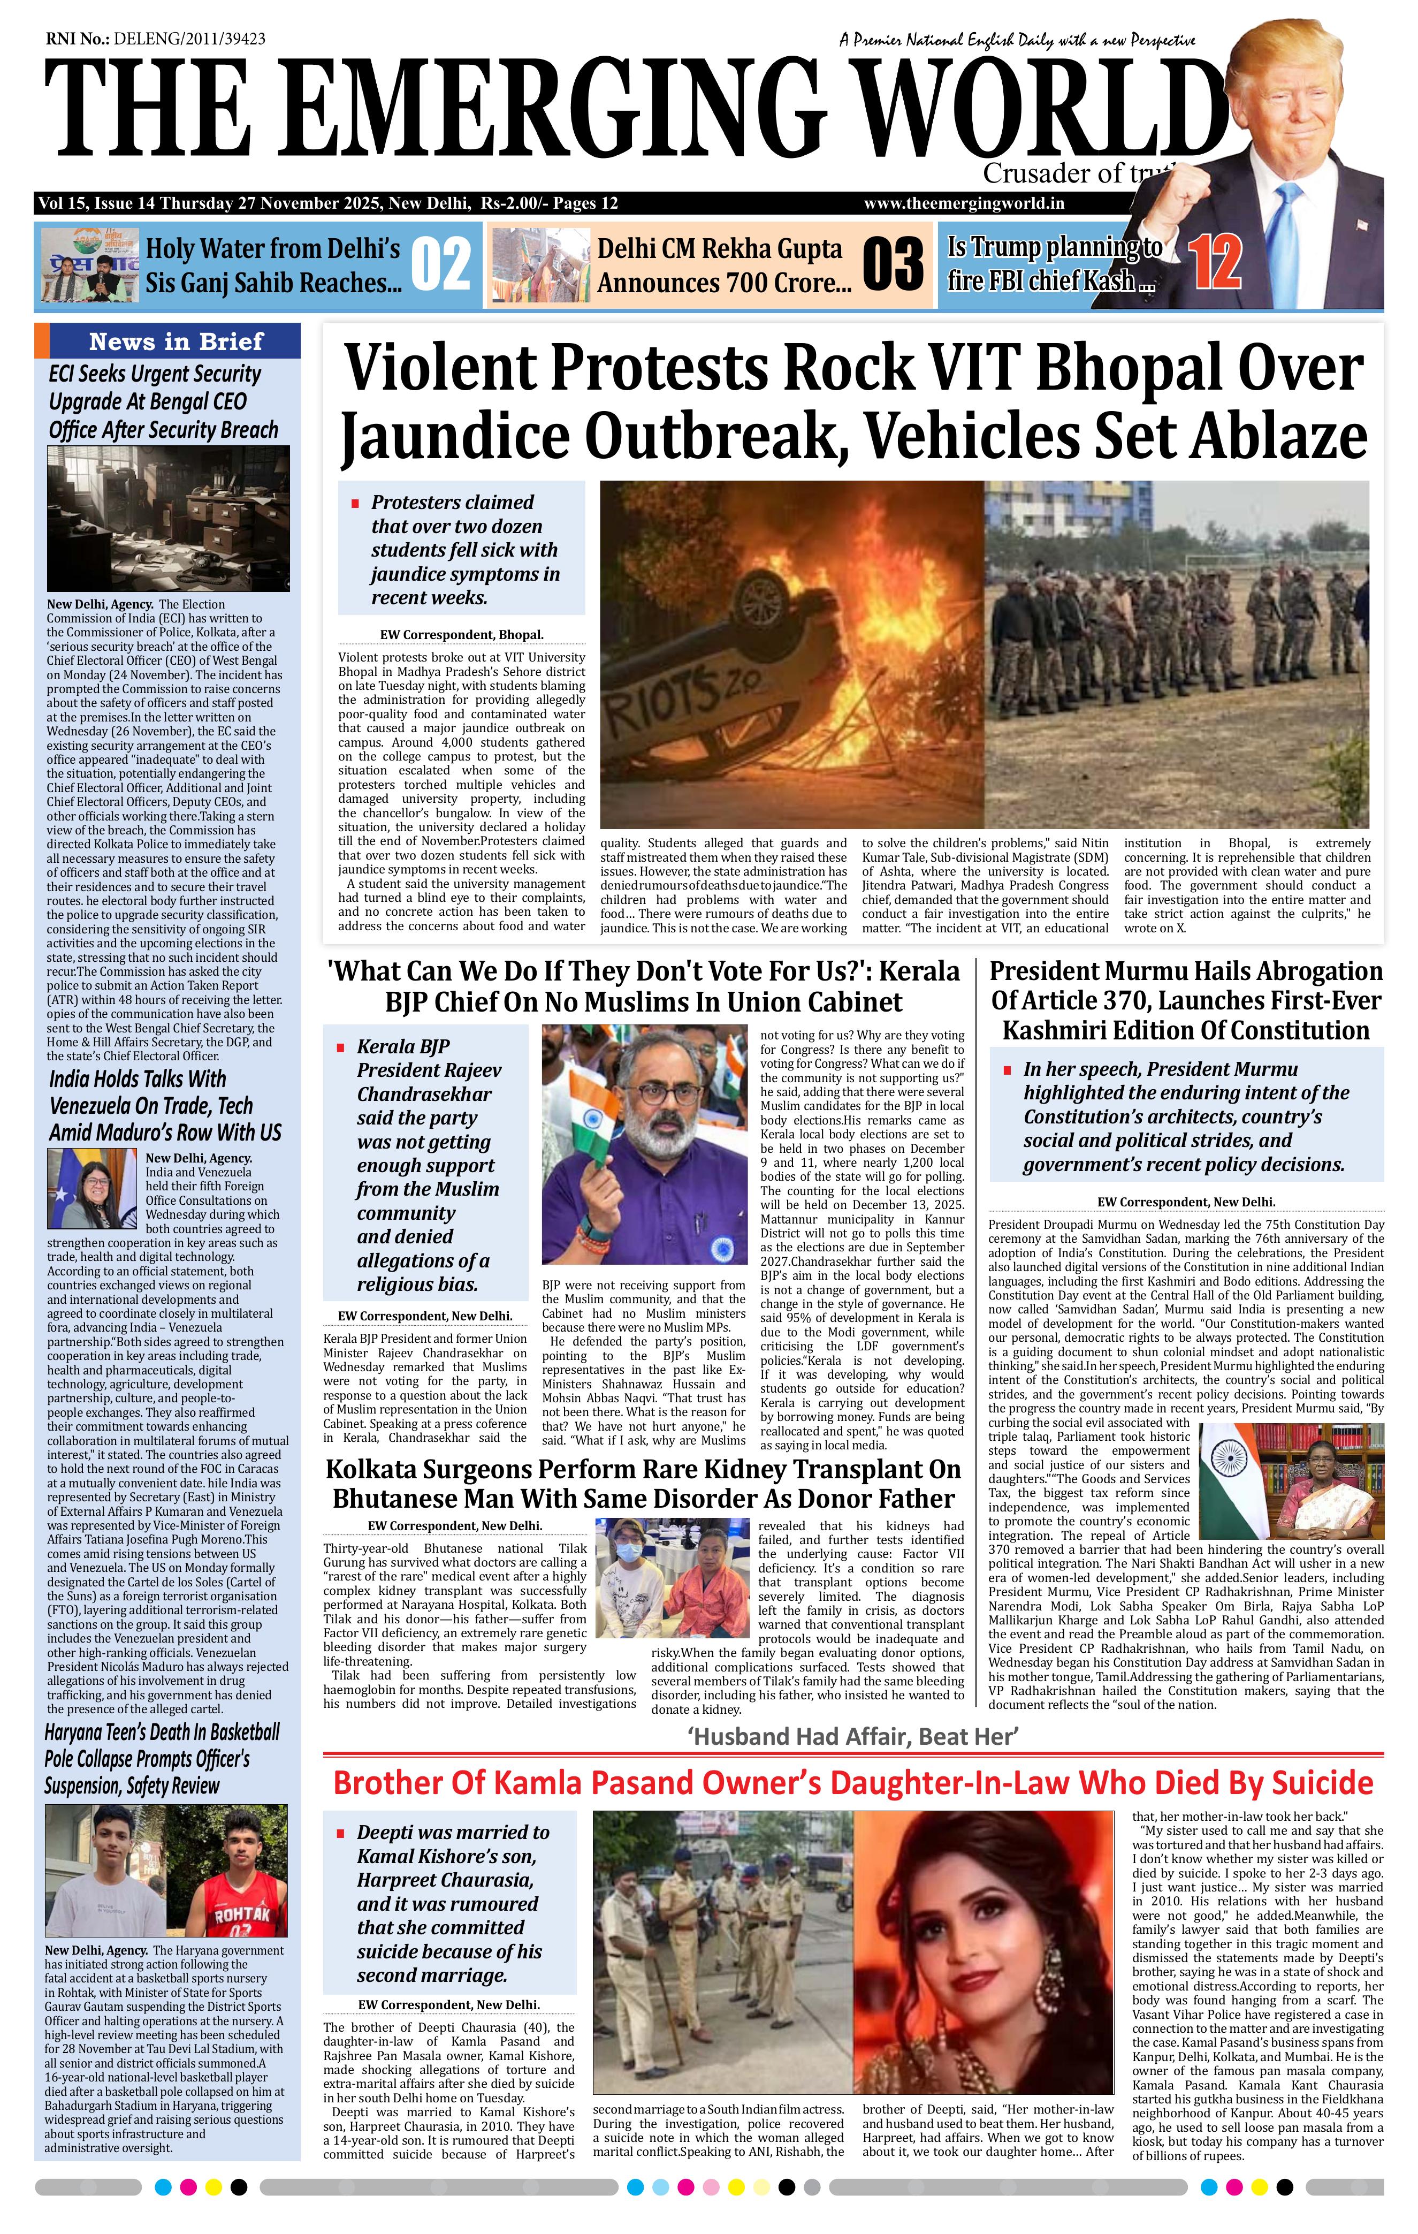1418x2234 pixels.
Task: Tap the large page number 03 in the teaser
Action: (892, 264)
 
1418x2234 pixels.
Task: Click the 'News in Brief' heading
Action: (176, 341)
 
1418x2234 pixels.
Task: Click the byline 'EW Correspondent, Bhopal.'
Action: (461, 635)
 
